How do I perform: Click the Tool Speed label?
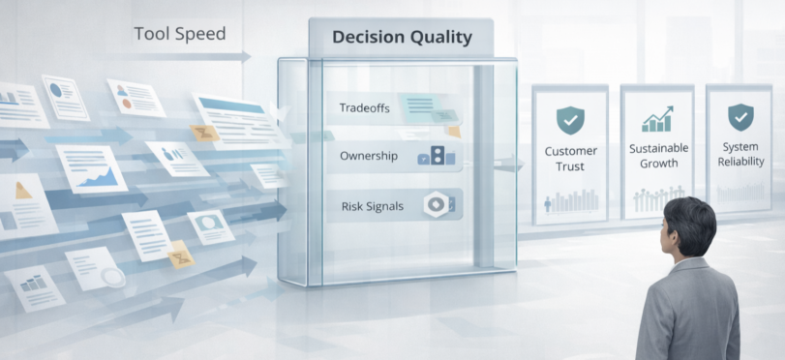(180, 34)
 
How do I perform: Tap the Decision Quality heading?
(402, 37)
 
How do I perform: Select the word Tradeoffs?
(365, 107)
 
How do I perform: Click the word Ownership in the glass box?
(369, 156)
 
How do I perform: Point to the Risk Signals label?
(372, 206)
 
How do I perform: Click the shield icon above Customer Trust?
(570, 120)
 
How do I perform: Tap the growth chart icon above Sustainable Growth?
(657, 119)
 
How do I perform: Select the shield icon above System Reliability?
(740, 117)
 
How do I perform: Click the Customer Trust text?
(571, 159)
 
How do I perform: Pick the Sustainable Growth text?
(658, 156)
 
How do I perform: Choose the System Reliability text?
(740, 154)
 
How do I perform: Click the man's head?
(687, 226)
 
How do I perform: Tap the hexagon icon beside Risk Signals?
(434, 204)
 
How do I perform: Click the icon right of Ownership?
(437, 156)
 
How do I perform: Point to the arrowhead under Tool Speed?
(245, 56)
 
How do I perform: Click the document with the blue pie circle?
(65, 97)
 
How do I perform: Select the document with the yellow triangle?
(26, 206)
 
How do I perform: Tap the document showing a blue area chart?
(92, 169)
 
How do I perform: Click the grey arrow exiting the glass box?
(508, 164)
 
